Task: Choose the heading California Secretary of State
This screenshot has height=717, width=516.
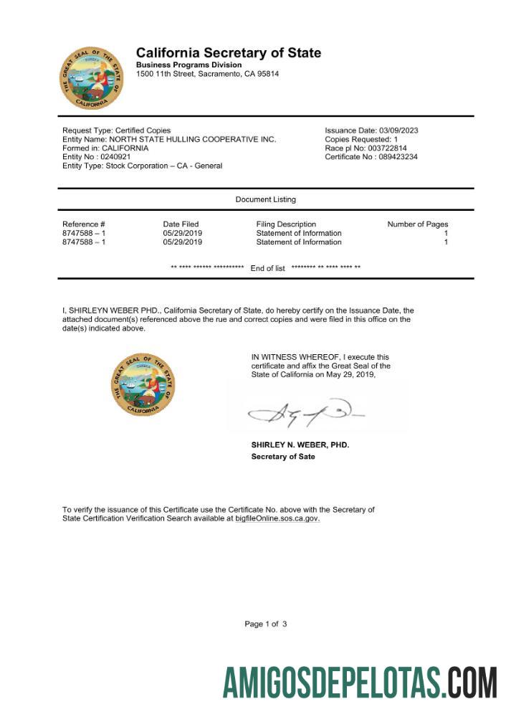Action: (x=229, y=53)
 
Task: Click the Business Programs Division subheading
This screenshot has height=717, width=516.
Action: (x=188, y=65)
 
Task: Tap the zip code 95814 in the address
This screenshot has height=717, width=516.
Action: (x=268, y=74)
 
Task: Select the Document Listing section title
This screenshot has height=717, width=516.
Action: (x=265, y=199)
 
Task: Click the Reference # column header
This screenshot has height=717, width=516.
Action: (x=84, y=224)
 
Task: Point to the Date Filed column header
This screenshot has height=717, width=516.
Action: (x=181, y=224)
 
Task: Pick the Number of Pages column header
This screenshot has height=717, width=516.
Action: (x=418, y=224)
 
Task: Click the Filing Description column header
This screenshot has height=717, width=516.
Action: (x=286, y=224)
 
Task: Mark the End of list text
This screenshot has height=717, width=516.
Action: (x=268, y=268)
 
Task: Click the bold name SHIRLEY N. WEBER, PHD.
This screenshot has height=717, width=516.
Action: (x=300, y=445)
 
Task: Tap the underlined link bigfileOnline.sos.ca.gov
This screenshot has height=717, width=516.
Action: (x=277, y=518)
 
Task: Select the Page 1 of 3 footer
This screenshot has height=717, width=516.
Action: (x=266, y=625)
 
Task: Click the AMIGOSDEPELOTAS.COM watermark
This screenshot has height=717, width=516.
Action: (x=360, y=682)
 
